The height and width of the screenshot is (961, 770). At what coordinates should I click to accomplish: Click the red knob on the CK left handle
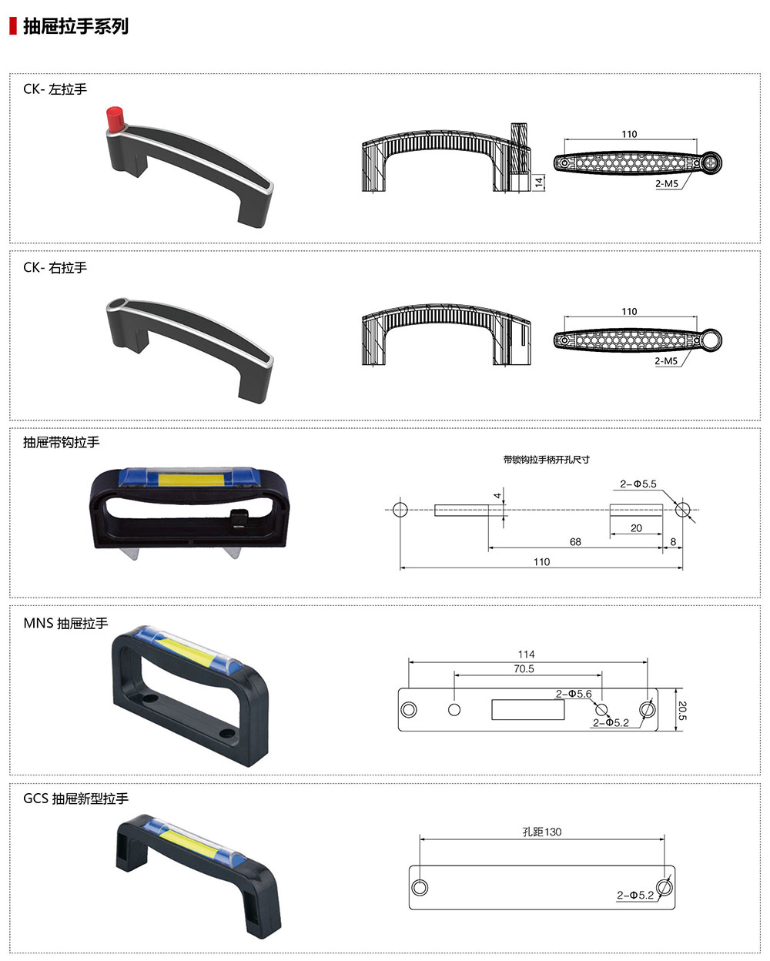(115, 119)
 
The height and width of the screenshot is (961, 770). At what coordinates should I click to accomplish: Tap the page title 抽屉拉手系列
(76, 26)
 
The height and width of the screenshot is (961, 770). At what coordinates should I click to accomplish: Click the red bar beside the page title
(13, 26)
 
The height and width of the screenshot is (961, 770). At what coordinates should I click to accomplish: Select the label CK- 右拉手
(55, 267)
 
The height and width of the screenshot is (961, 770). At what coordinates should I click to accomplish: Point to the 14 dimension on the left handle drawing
(539, 182)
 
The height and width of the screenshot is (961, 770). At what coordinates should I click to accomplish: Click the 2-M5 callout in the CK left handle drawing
(667, 183)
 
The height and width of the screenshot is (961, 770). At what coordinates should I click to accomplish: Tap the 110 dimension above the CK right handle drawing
(629, 311)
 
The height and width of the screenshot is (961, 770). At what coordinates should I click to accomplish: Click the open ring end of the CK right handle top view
(711, 340)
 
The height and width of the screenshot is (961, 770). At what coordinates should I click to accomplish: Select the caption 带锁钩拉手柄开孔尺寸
(546, 460)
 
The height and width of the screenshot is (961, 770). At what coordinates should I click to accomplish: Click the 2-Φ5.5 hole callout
(638, 484)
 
